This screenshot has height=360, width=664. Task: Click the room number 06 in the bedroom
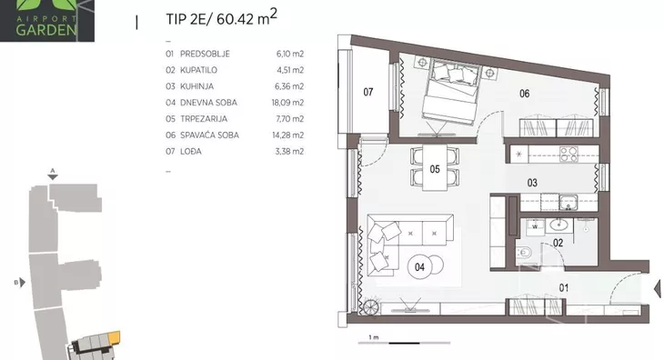(524, 94)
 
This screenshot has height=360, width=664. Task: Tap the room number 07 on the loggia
(368, 92)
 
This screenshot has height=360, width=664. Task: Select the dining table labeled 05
(435, 167)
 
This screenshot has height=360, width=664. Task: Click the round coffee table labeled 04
(419, 267)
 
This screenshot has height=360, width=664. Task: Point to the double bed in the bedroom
(452, 92)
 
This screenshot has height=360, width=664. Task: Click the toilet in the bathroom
(523, 253)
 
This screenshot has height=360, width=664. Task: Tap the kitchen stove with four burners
(568, 155)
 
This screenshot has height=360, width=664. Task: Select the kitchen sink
(568, 202)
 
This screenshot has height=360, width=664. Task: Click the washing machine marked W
(535, 226)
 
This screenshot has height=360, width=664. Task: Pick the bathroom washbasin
(559, 225)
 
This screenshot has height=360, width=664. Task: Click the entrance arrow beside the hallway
(658, 289)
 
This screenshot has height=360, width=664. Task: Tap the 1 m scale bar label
(374, 337)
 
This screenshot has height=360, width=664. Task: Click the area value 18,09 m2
(287, 103)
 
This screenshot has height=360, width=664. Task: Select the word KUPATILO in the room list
(198, 70)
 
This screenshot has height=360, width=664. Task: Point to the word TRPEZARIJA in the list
(204, 119)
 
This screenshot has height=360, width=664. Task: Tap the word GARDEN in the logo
(46, 30)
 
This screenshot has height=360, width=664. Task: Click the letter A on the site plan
(53, 171)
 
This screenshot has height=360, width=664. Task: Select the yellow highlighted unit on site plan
(115, 337)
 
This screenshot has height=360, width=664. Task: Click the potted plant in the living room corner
(369, 306)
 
